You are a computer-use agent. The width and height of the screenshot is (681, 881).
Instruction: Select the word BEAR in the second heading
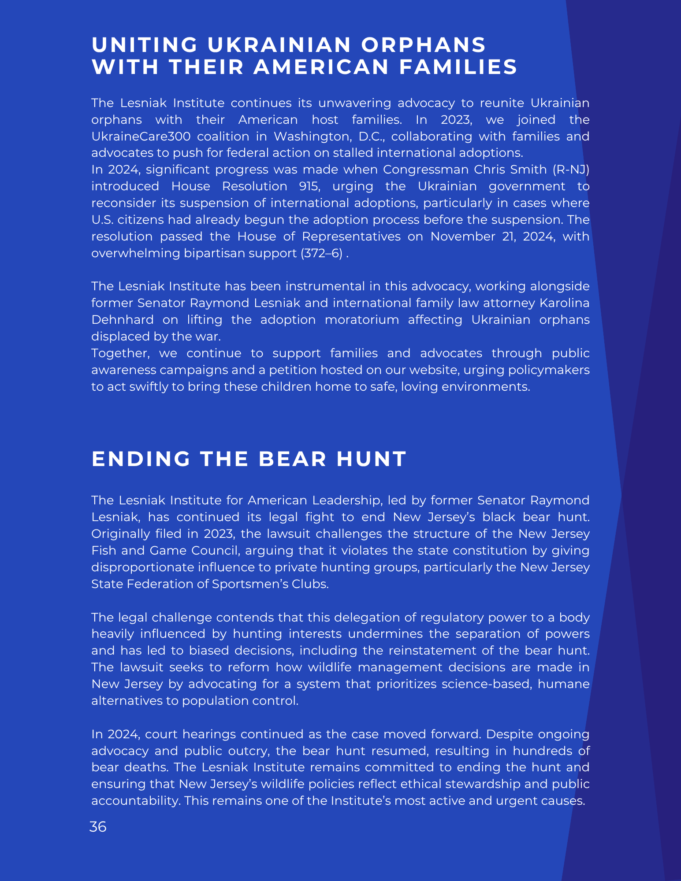click(x=293, y=459)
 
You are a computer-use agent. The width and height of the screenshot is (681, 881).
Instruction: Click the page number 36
click(x=98, y=827)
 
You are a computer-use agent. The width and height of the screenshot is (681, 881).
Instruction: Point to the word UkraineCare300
click(x=141, y=137)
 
